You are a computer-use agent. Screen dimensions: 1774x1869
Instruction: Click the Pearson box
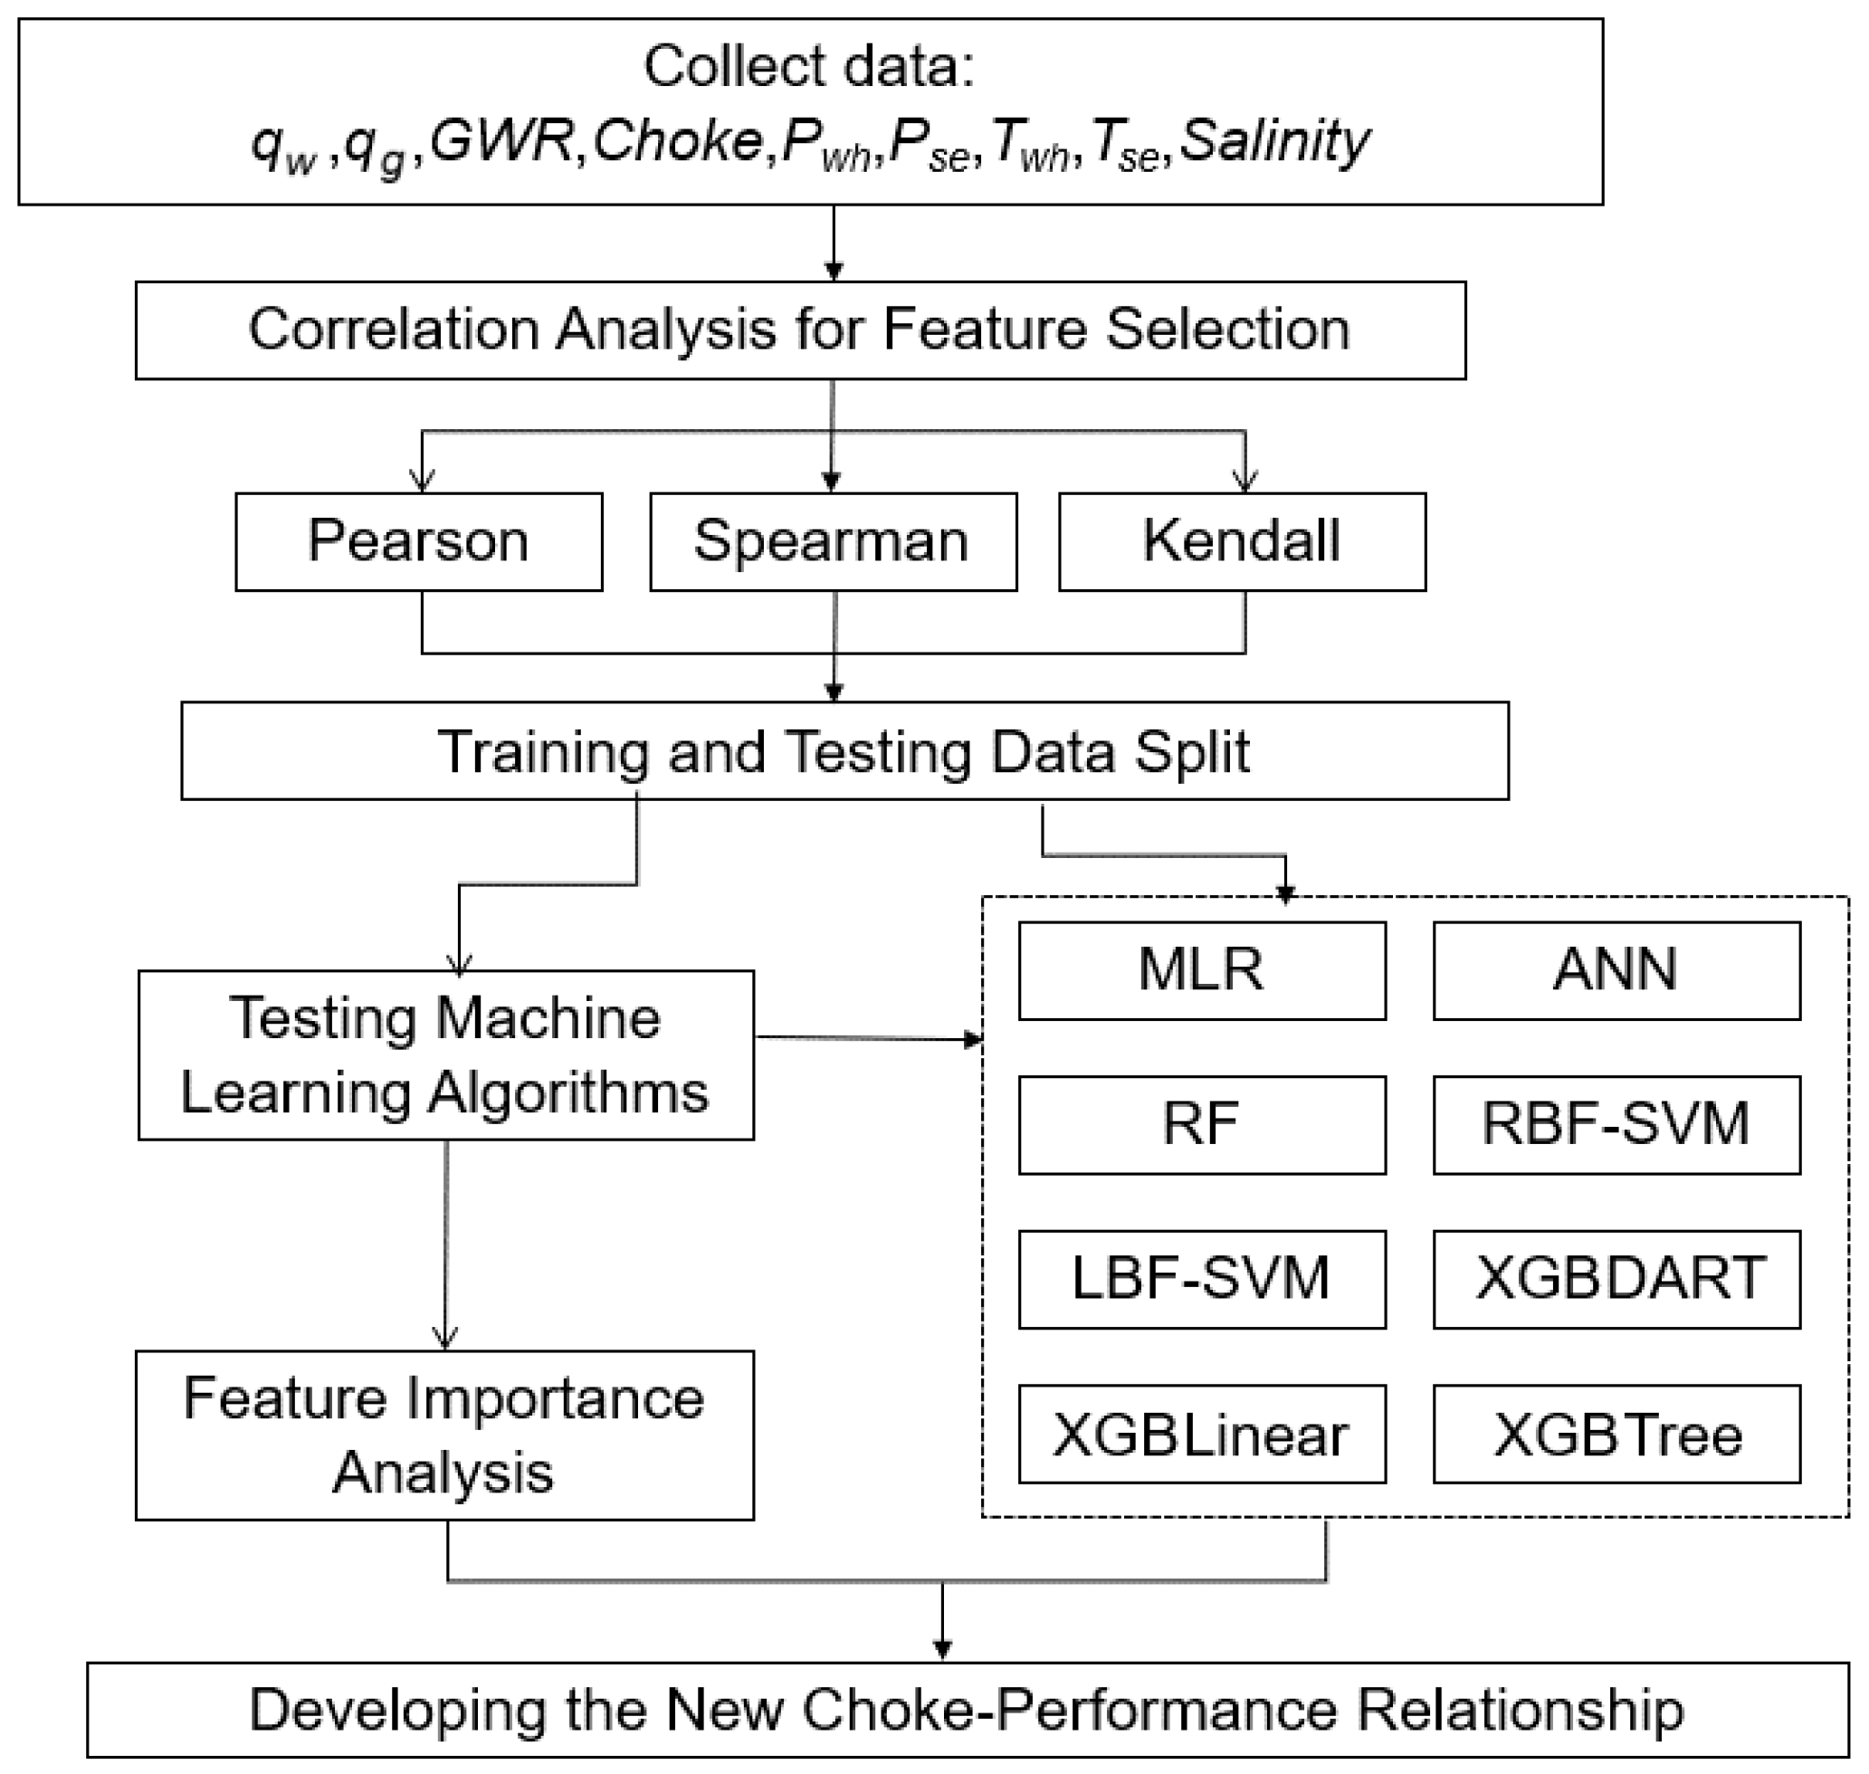pos(418,542)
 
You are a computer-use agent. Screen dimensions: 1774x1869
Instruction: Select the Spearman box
pos(832,542)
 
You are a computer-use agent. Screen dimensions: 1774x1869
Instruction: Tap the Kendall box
pos(1241,542)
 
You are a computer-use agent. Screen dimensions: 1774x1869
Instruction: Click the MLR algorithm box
pos(1201,970)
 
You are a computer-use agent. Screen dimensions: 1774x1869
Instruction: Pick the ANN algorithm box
pos(1616,970)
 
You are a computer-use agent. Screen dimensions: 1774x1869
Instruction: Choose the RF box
pos(1201,1124)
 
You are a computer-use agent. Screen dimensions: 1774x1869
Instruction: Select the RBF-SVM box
pos(1616,1124)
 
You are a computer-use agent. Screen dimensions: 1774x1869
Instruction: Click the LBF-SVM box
pos(1201,1279)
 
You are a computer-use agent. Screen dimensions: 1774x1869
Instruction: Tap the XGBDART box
pos(1616,1279)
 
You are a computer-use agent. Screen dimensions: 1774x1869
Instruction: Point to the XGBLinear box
pos(1201,1434)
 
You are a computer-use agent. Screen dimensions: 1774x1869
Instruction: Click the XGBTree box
pos(1616,1434)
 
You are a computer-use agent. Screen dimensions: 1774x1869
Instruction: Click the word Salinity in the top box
pos(1273,142)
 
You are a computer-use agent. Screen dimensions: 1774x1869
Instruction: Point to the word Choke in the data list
pos(678,142)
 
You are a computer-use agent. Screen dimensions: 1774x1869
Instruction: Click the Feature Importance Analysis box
pos(444,1435)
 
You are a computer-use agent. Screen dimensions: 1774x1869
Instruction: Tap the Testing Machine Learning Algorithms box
pos(444,1054)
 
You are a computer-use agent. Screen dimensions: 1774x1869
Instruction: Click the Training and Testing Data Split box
pos(844,751)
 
